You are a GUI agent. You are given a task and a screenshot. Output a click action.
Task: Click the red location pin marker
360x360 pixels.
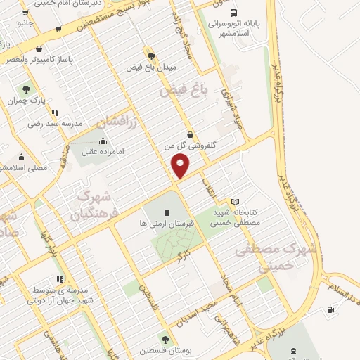(181, 166)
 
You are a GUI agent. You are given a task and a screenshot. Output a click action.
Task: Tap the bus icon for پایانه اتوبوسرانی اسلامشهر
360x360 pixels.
(233, 13)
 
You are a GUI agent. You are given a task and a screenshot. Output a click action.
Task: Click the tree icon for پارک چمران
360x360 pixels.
(27, 90)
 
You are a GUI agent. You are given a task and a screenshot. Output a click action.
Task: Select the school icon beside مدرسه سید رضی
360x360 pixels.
(55, 112)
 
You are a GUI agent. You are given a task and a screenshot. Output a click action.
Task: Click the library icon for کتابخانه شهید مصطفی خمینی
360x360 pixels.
(235, 202)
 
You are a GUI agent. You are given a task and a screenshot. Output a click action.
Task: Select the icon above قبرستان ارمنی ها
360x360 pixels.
(166, 212)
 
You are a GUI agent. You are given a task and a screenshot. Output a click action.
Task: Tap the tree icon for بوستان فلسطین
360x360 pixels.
(165, 340)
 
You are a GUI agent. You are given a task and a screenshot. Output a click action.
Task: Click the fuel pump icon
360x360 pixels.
(330, 310)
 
